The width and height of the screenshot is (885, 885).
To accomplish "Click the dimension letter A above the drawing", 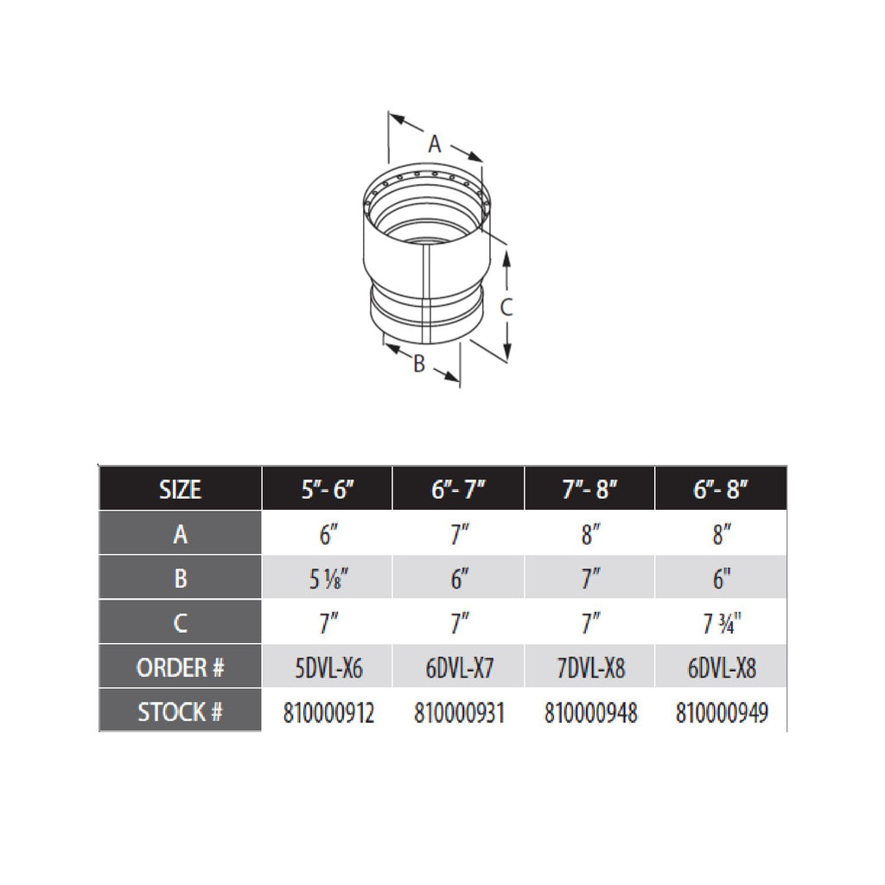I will pyautogui.click(x=436, y=143).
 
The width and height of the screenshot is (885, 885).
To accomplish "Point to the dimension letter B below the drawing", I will pyautogui.click(x=419, y=365).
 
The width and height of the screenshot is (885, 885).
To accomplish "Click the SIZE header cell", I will pyautogui.click(x=180, y=489).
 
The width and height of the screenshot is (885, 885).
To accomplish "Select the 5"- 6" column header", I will pyautogui.click(x=328, y=489).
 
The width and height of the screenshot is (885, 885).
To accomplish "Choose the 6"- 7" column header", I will pyautogui.click(x=459, y=489).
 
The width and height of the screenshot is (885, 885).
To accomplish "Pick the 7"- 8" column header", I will pyautogui.click(x=590, y=489).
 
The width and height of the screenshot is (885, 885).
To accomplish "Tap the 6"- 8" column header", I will pyautogui.click(x=722, y=489).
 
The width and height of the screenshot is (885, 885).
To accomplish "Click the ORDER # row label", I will pyautogui.click(x=180, y=667).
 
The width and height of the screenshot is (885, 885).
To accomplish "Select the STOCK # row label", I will pyautogui.click(x=180, y=712).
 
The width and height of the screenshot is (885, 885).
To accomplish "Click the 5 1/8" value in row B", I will pyautogui.click(x=326, y=578).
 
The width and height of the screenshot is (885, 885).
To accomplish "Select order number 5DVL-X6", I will pyautogui.click(x=328, y=668).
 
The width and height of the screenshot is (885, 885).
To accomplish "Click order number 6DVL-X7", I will pyautogui.click(x=459, y=668).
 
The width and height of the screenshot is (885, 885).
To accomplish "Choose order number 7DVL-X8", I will pyautogui.click(x=590, y=668).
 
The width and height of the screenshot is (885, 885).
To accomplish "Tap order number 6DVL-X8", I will pyautogui.click(x=722, y=668).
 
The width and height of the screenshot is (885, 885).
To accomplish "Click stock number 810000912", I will pyautogui.click(x=328, y=713).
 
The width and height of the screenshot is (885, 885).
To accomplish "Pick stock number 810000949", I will pyautogui.click(x=722, y=713).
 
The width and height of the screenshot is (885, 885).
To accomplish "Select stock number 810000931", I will pyautogui.click(x=459, y=713).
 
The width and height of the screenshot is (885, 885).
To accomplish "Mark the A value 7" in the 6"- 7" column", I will pyautogui.click(x=459, y=534).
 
